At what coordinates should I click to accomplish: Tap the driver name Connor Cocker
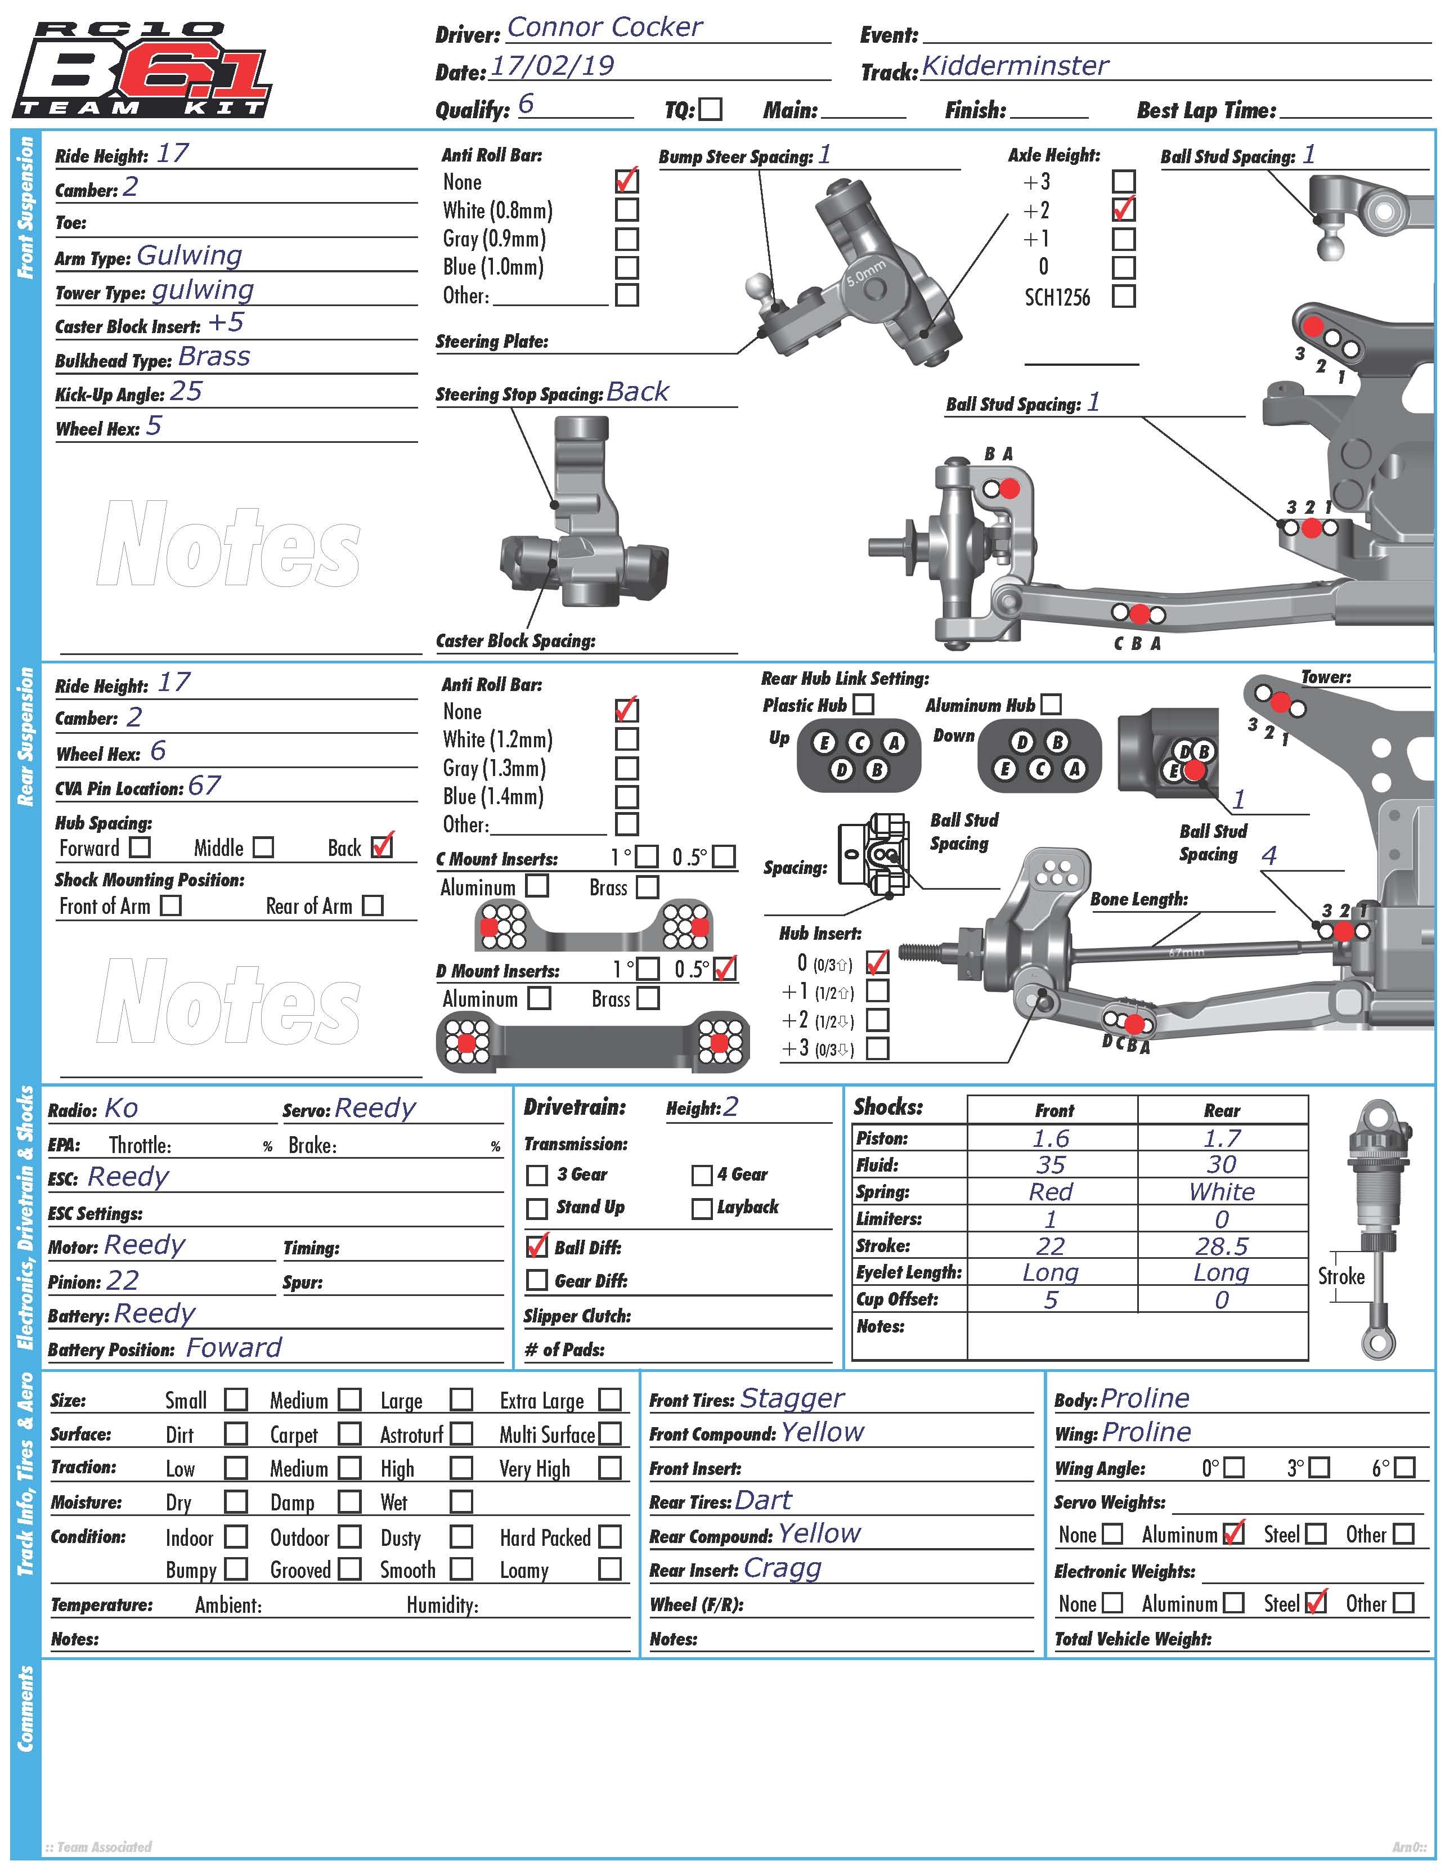[x=604, y=28]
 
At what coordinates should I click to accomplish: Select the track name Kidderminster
[x=1015, y=66]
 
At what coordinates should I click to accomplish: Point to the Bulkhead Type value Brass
[x=214, y=357]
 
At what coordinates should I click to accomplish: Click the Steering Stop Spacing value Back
[x=638, y=392]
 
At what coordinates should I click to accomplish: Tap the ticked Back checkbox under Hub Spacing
[x=382, y=847]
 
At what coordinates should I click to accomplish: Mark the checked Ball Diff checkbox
[x=537, y=1246]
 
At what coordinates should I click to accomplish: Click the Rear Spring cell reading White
[x=1222, y=1192]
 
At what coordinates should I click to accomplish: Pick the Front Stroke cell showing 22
[x=1051, y=1246]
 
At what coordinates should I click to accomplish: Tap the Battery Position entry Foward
[x=234, y=1348]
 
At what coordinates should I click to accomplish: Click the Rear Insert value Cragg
[x=782, y=1568]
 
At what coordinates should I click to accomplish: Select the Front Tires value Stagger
[x=792, y=1398]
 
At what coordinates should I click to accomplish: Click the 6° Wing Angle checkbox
[x=1404, y=1468]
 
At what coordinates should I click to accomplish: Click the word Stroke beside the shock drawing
[x=1340, y=1277]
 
